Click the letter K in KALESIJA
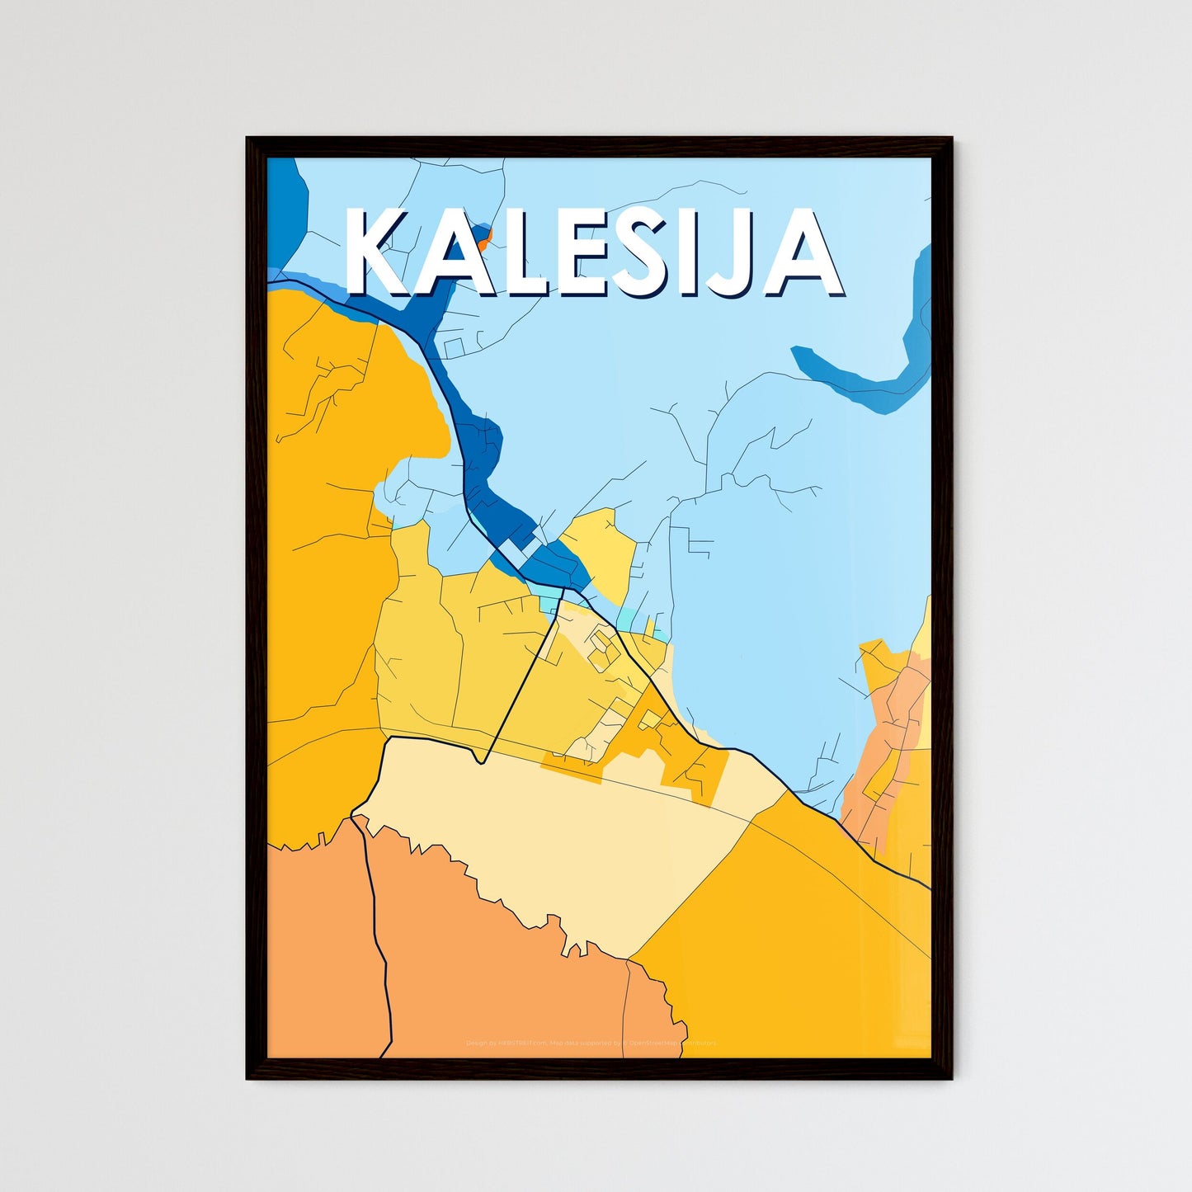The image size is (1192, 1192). point(375,252)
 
